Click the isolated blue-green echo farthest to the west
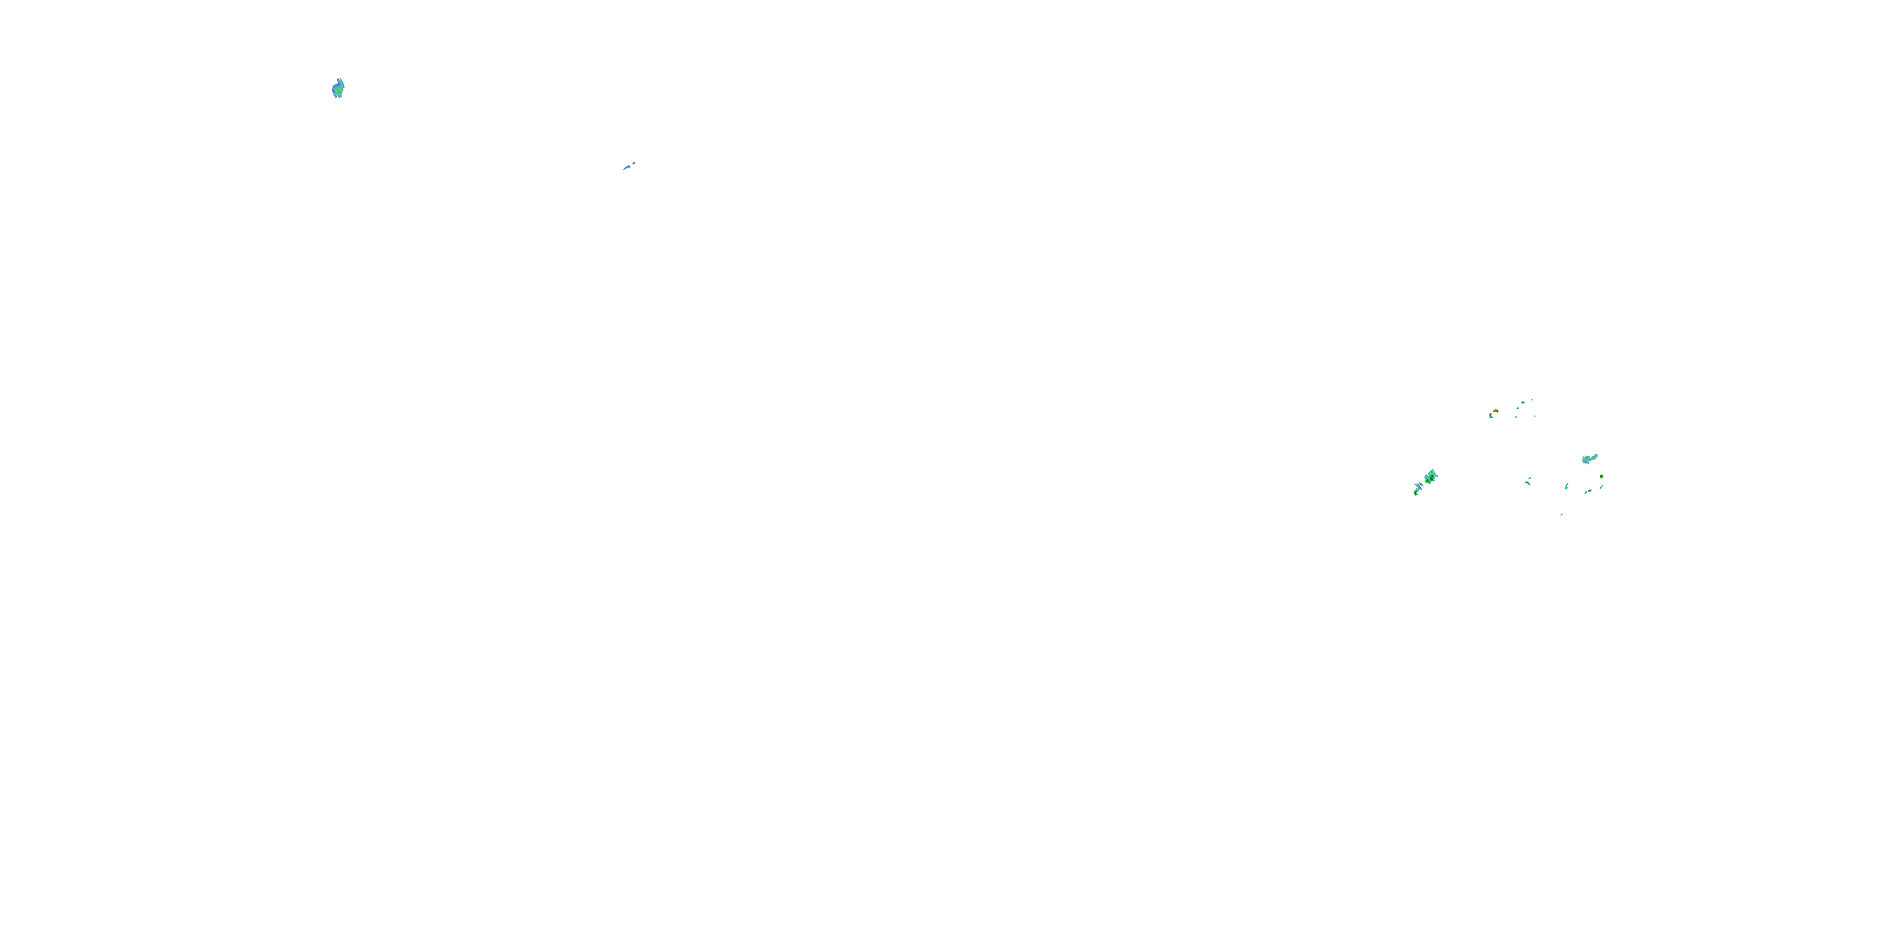(x=338, y=89)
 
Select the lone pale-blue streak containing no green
(x=628, y=166)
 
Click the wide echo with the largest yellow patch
(x=1496, y=411)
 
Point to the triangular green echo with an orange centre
(x=1523, y=403)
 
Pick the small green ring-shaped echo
(x=1518, y=409)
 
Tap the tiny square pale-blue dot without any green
(x=1535, y=417)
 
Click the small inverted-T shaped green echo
(x=1516, y=417)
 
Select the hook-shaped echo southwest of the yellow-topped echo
(x=1491, y=416)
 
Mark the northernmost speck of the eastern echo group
(x=1532, y=400)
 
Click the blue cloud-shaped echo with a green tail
(x=1588, y=459)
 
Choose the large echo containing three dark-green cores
(x=1430, y=477)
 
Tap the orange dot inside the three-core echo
(x=1432, y=478)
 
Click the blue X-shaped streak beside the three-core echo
(x=1419, y=486)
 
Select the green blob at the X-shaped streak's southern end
(x=1416, y=493)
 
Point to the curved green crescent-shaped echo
(x=1567, y=486)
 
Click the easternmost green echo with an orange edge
(x=1602, y=477)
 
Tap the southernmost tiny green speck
(x=1562, y=515)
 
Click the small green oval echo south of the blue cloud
(x=1589, y=491)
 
